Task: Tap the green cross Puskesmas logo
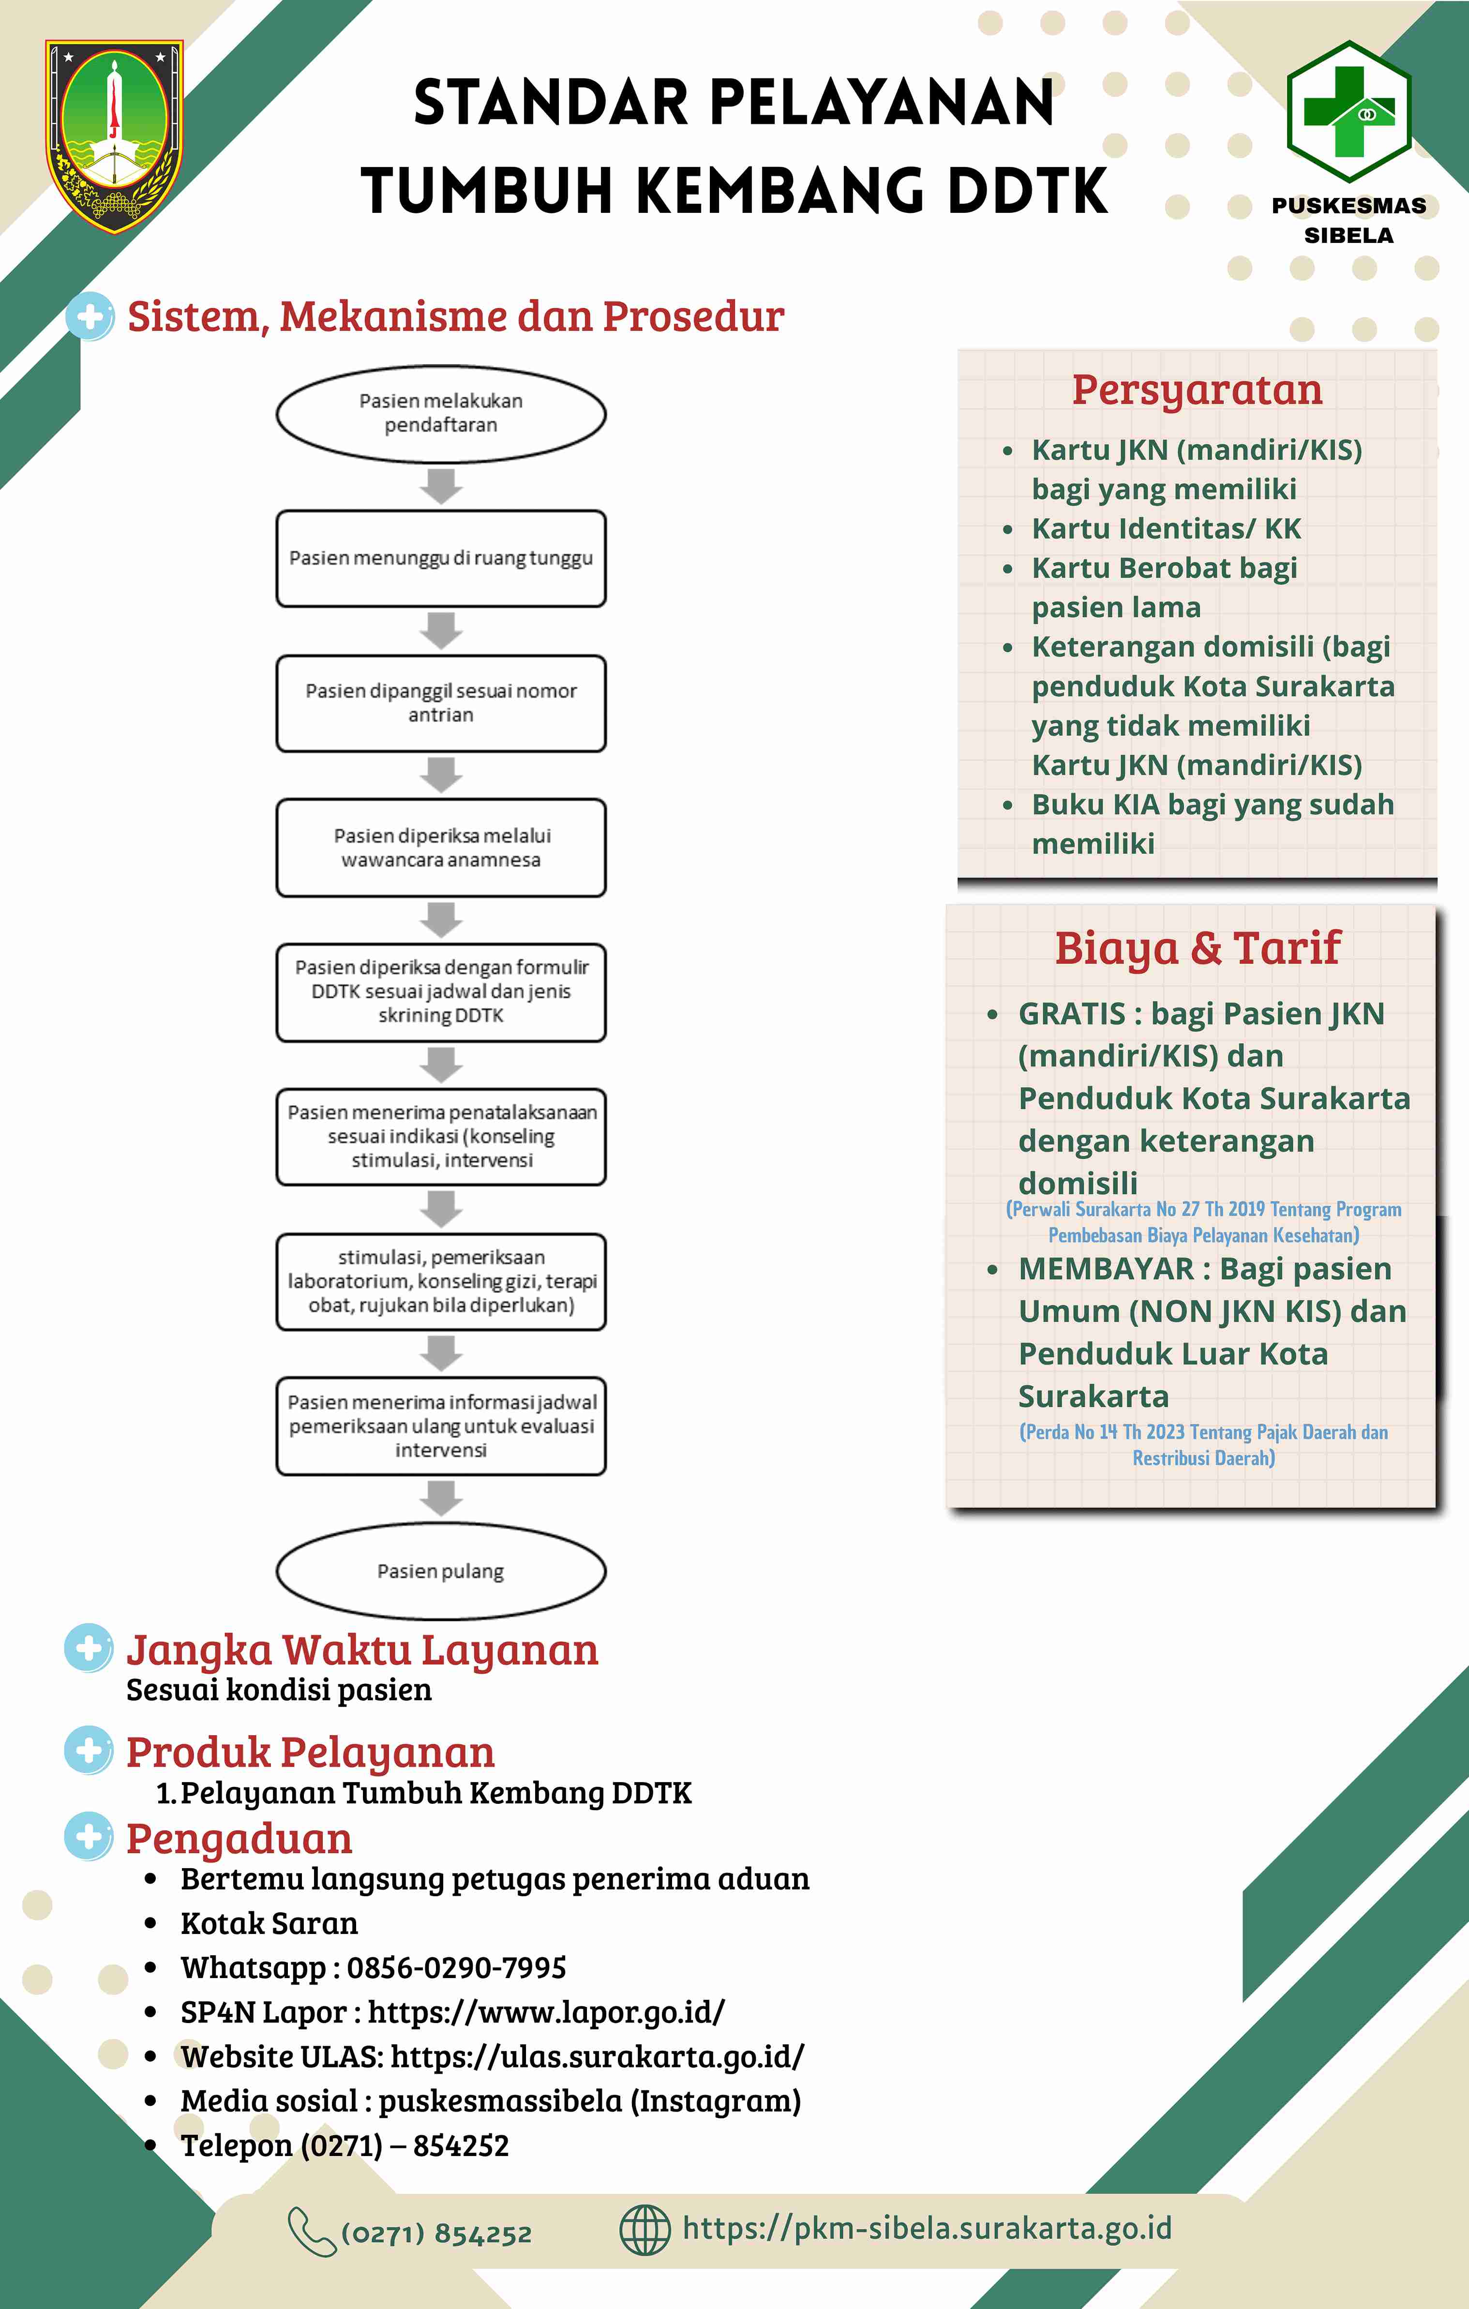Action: coord(1348,111)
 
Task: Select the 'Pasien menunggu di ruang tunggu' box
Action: coord(441,558)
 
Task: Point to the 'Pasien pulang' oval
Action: coord(441,1571)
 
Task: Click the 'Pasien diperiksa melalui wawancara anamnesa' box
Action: coord(441,848)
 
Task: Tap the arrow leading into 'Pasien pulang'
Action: coord(441,1498)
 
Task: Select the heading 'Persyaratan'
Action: coord(1197,390)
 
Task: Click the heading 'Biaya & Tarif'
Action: coord(1198,948)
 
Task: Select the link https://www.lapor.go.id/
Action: coord(547,2012)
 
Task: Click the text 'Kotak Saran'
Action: coord(270,1922)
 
